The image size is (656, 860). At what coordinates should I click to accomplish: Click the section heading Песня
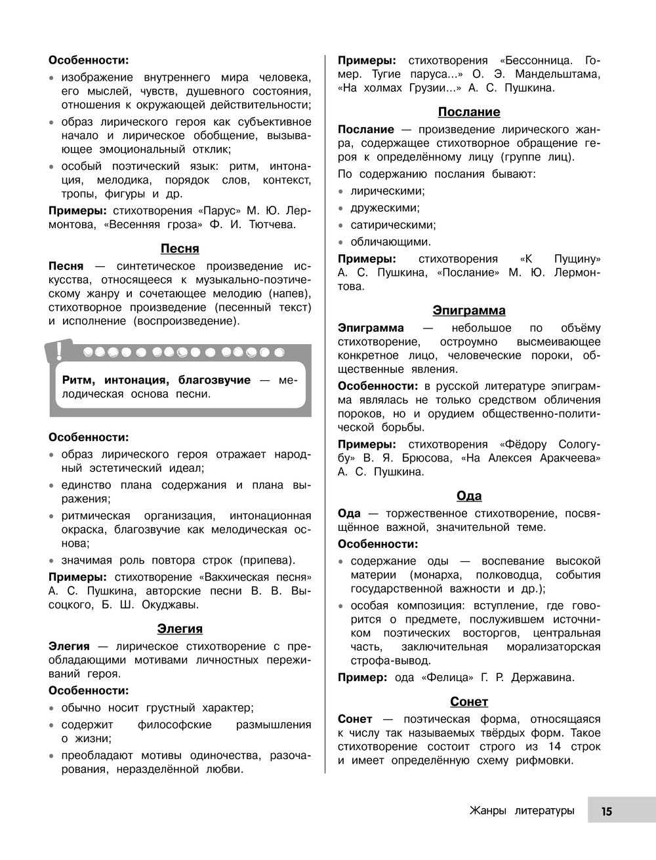[180, 248]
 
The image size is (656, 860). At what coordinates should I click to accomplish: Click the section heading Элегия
[180, 629]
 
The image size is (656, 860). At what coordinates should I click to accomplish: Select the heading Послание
[469, 112]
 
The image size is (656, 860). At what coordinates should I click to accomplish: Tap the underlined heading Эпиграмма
[469, 311]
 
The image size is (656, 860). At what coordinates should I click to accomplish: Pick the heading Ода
[469, 496]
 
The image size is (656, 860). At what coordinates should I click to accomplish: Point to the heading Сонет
[469, 702]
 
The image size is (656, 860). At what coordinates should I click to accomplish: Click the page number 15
[606, 811]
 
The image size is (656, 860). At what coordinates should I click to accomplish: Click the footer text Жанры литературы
[522, 811]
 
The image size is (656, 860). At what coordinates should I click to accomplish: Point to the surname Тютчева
[272, 225]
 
